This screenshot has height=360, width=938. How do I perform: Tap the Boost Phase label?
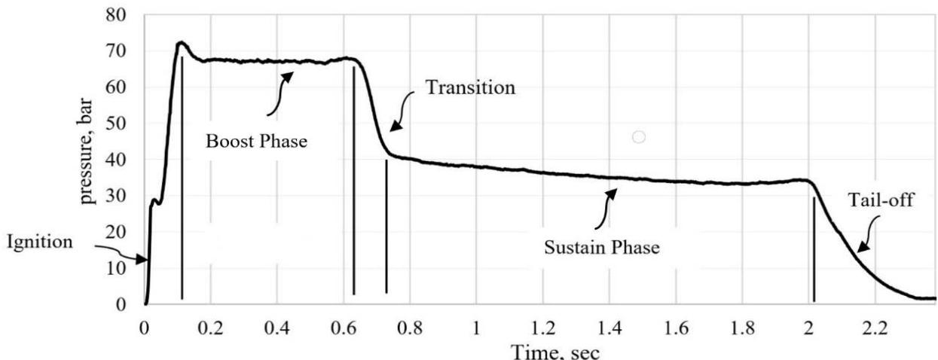point(257,140)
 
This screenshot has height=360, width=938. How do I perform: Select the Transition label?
point(470,87)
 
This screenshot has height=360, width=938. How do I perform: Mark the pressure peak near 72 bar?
point(181,43)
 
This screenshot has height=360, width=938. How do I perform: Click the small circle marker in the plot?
point(639,137)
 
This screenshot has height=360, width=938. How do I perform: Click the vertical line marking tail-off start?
point(814,249)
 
